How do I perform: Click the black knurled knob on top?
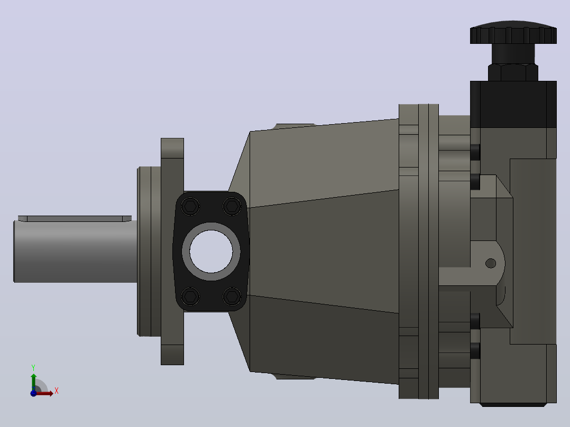pos(513,32)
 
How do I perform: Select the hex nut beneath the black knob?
pos(513,72)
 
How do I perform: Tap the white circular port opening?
pos(211,251)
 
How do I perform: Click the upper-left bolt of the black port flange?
pos(190,207)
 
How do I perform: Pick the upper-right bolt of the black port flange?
pos(232,207)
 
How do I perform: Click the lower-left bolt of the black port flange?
pos(190,296)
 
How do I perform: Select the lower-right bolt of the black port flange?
pos(232,296)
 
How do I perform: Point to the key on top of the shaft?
pos(75,218)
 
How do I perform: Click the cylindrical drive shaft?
pos(75,251)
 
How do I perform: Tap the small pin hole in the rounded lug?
pos(491,263)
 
